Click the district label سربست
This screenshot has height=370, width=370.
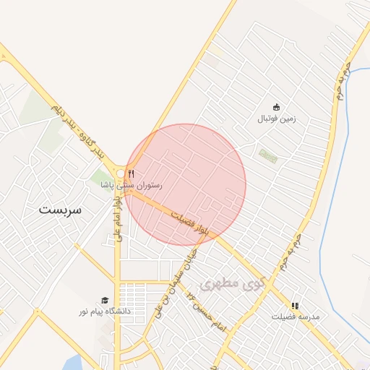click(x=61, y=210)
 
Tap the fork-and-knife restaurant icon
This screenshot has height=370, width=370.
click(x=131, y=173)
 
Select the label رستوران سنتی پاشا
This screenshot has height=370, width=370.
click(x=132, y=185)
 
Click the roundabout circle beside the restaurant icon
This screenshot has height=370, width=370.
click(x=121, y=173)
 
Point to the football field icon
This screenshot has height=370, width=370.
click(x=275, y=107)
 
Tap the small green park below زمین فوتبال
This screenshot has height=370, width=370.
click(x=268, y=155)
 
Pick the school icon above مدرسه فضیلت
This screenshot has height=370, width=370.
click(x=294, y=306)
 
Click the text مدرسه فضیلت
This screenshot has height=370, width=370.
click(x=295, y=317)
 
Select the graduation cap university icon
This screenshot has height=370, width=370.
click(x=105, y=301)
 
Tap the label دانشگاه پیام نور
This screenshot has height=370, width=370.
click(x=105, y=311)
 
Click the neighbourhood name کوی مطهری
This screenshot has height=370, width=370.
click(x=233, y=283)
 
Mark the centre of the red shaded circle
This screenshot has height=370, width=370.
click(x=185, y=184)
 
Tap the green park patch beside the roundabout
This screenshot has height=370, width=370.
click(x=100, y=177)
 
